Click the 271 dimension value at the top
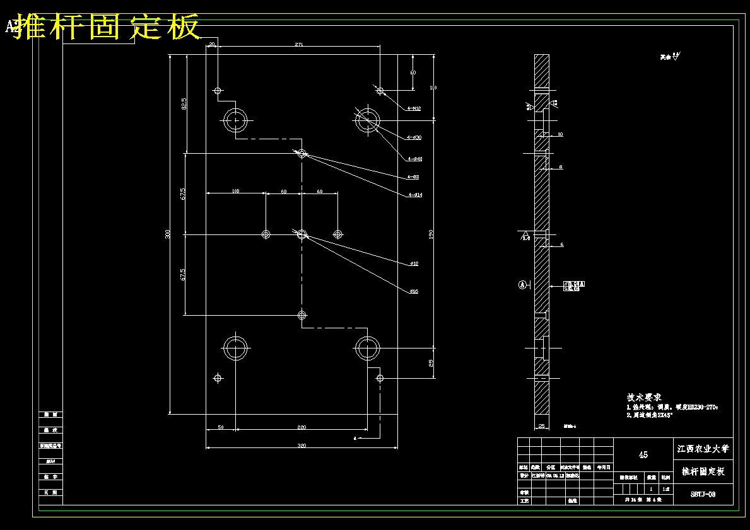point(298,44)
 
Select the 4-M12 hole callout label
point(414,108)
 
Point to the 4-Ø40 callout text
point(414,159)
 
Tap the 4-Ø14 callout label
point(414,195)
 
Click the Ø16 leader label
point(414,291)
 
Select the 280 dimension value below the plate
point(302,427)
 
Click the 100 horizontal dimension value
point(235,190)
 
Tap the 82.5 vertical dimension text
point(184,104)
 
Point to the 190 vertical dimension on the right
point(431,234)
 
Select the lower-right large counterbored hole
point(367,347)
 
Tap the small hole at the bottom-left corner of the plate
point(218,378)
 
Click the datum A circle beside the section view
point(522,285)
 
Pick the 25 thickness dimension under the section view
point(541,426)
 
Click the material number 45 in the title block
point(643,454)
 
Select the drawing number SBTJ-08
point(702,495)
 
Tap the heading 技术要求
point(643,398)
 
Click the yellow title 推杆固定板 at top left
point(107,27)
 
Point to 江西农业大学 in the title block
point(703,449)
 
